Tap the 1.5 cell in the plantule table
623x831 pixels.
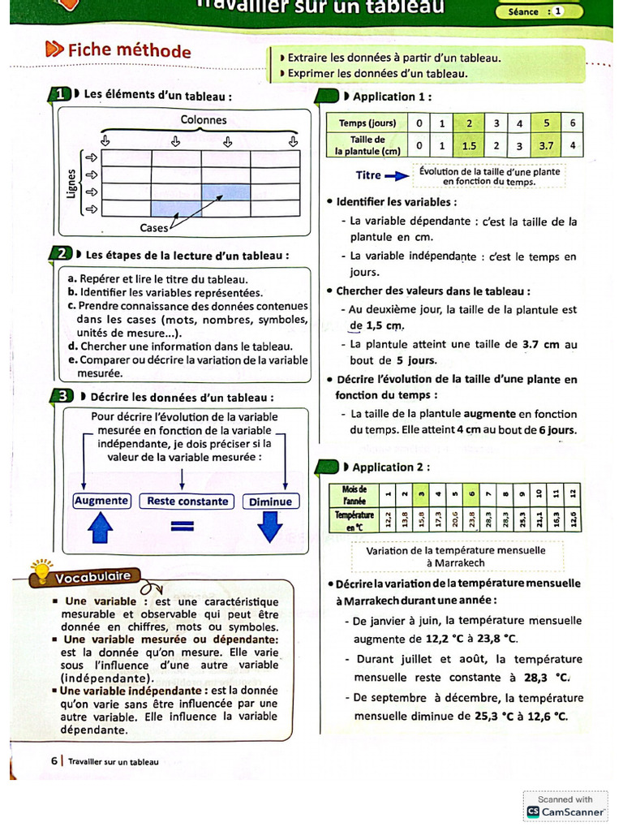(x=469, y=146)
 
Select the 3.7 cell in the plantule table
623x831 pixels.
(x=547, y=146)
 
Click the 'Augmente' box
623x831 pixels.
(x=101, y=502)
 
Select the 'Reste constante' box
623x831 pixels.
(x=187, y=502)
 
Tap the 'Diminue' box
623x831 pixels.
(x=270, y=502)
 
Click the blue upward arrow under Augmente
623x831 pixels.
(x=101, y=529)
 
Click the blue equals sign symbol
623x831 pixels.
(x=185, y=527)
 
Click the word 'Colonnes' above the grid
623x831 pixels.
(x=204, y=120)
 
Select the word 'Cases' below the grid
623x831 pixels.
(x=154, y=228)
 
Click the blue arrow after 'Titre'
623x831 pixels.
(x=397, y=175)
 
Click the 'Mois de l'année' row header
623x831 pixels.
(x=354, y=494)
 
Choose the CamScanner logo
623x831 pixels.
(x=533, y=811)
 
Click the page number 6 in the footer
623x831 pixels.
(x=54, y=761)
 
